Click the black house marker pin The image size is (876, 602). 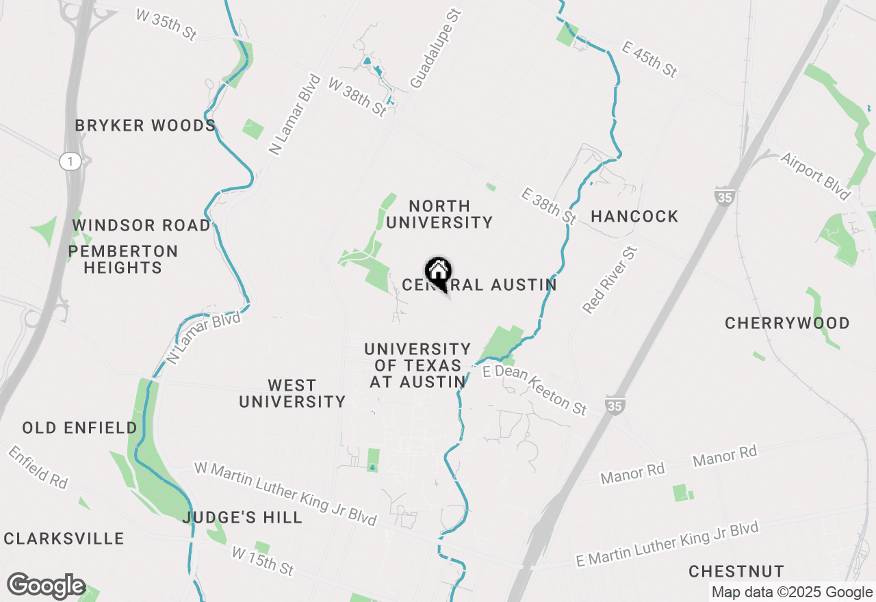coord(438,272)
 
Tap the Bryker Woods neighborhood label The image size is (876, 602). coord(145,126)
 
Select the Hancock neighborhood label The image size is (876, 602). coord(634,217)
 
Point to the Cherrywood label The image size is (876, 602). coord(787,323)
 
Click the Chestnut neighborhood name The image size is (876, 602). coord(736,571)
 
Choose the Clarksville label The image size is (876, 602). coord(64,538)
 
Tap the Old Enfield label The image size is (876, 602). coord(79,428)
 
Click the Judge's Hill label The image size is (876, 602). coord(242,517)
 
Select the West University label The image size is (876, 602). coord(292,393)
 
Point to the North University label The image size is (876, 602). coord(439,214)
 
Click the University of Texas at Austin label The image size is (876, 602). coord(417,365)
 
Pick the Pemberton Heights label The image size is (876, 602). coord(123,259)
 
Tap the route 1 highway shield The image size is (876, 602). coord(69,161)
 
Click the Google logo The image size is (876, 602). coord(46,586)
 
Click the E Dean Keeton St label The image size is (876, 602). coord(534,390)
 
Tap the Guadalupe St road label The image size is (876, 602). coord(437,49)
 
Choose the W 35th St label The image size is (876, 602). coord(166,25)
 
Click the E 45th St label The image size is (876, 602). coord(649,58)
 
